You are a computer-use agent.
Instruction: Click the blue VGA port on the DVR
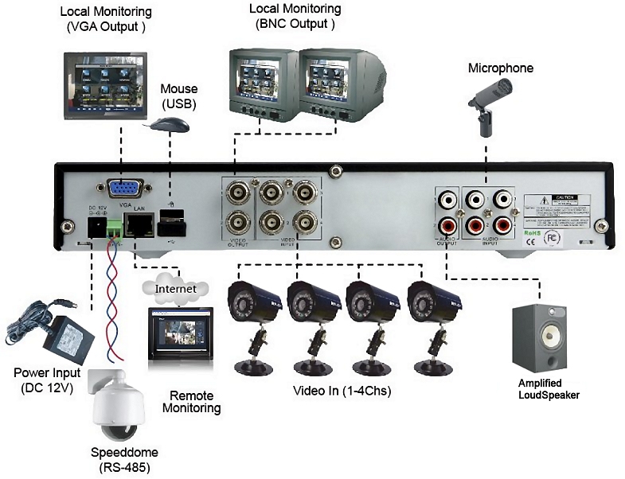tap(125, 189)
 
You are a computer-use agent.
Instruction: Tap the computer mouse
tap(170, 125)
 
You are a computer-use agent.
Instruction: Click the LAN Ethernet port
tap(141, 226)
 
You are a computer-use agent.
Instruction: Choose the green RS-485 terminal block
tap(115, 228)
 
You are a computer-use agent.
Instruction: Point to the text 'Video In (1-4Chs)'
tap(342, 391)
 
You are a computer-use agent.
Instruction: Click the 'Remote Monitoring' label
tap(191, 401)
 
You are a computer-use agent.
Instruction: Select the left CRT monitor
tap(263, 83)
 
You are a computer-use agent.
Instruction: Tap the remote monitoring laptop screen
tap(178, 332)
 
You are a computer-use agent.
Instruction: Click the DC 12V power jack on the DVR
tap(96, 229)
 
